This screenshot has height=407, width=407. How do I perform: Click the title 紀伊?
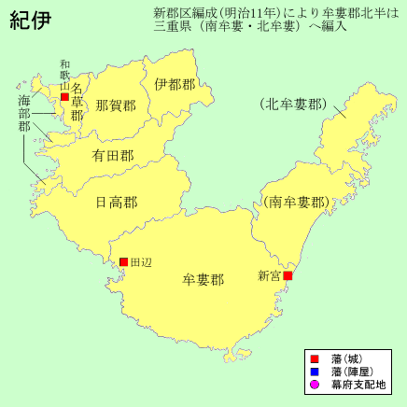click(x=31, y=21)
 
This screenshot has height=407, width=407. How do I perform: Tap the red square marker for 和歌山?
click(x=64, y=96)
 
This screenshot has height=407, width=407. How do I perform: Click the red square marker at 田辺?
click(x=122, y=262)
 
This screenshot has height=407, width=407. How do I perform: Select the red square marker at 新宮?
click(x=288, y=276)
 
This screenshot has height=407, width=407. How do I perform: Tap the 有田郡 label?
click(x=112, y=157)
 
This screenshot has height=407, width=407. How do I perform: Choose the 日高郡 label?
click(x=117, y=202)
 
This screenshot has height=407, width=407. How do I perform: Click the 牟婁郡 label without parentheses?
click(x=203, y=279)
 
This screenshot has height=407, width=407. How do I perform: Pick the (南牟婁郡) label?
click(x=295, y=202)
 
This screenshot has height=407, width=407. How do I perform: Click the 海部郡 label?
click(x=24, y=112)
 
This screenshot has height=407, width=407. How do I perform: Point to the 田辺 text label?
click(x=140, y=263)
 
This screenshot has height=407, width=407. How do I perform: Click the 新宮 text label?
click(x=270, y=276)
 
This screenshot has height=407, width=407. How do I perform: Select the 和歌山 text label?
click(x=64, y=76)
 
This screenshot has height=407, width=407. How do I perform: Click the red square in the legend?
click(x=315, y=358)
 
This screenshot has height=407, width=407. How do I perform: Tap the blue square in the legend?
click(x=315, y=372)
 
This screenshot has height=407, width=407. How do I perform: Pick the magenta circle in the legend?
click(x=315, y=385)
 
